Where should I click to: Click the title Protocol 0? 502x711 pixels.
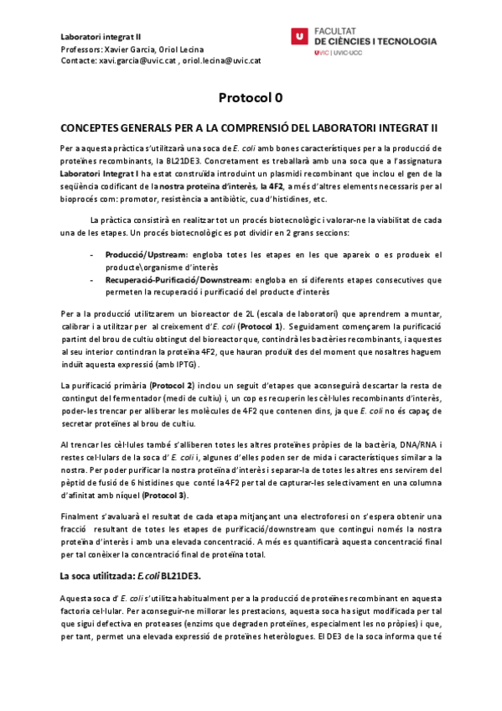251,98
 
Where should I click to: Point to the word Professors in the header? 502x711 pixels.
82,49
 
